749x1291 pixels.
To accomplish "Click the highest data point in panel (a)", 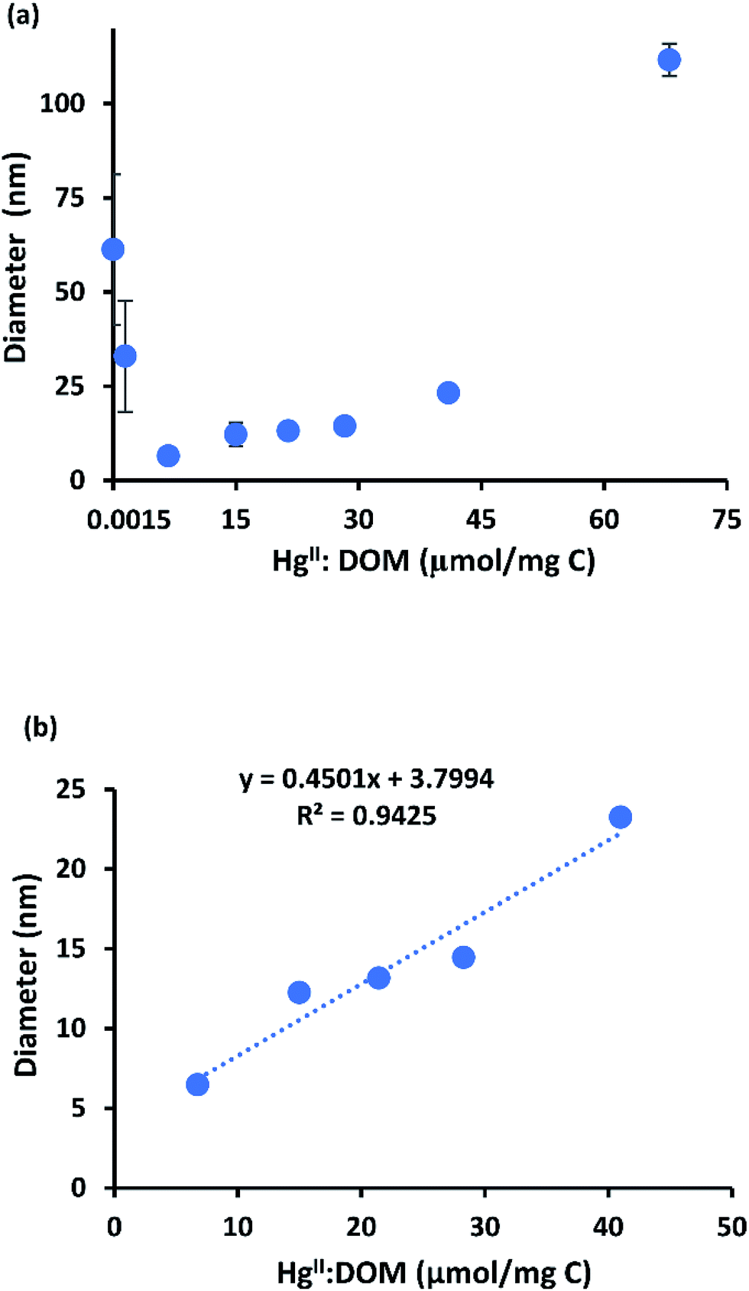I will pos(669,60).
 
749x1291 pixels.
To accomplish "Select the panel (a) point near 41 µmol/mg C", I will pos(448,392).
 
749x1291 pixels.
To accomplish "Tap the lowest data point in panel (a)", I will pos(168,456).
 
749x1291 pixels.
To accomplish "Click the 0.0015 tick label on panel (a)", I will pos(128,520).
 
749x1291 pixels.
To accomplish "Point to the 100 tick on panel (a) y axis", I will pos(62,102).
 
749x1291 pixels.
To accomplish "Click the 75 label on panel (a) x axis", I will pos(726,520).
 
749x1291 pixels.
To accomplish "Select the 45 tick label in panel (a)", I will pos(481,520).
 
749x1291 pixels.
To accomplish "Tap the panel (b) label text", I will pos(41,727).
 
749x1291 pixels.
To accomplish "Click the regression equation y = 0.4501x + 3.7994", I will pos(367,779).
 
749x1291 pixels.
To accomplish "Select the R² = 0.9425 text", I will pos(367,815).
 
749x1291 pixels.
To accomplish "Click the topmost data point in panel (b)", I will pos(620,817).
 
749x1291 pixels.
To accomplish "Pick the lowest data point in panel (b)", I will pos(197,1084).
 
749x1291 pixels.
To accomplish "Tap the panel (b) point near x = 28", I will pos(463,957).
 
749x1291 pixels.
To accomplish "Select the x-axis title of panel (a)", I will pos(433,561).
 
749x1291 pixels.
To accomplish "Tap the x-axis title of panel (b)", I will pos(433,1273).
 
